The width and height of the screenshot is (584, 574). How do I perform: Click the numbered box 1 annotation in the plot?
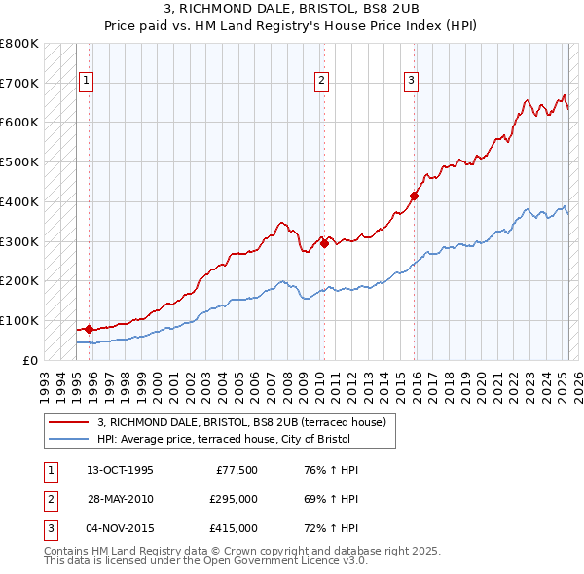87,81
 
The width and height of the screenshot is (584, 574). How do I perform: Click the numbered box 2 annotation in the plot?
321,81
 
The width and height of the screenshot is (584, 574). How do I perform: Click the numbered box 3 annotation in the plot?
411,81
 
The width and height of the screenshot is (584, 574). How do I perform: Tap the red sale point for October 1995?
89,329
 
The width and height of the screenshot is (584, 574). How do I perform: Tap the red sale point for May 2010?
324,243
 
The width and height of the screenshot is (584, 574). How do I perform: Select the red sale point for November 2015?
414,196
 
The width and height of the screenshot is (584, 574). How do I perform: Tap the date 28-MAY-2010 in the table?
120,499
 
